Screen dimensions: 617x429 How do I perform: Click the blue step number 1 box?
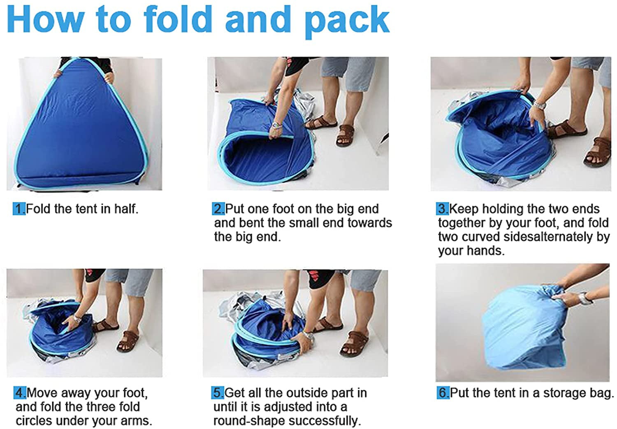[19, 209]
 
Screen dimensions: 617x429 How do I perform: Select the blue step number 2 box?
[218, 209]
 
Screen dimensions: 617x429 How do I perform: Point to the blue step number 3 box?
[442, 209]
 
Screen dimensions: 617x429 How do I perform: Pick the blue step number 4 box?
[20, 393]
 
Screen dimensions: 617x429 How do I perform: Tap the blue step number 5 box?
[218, 393]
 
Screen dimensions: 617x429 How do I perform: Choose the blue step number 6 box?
[443, 393]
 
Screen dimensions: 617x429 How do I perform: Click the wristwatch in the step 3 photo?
[540, 105]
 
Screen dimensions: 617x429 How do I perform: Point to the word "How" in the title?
[45, 19]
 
